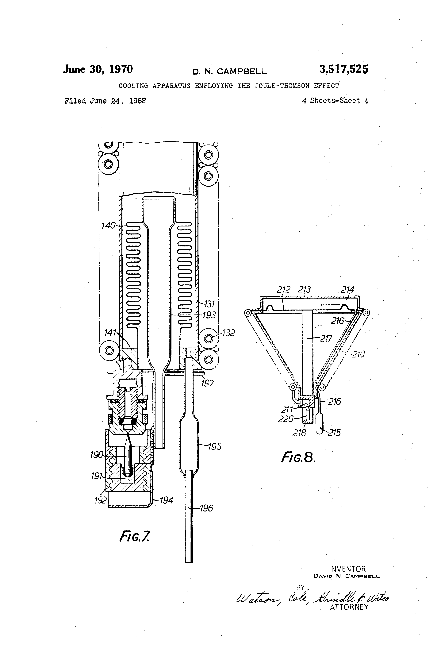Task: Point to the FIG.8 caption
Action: (x=298, y=457)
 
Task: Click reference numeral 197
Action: (x=207, y=383)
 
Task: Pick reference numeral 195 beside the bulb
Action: (x=215, y=446)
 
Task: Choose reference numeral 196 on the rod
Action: (x=206, y=508)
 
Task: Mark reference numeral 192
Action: (x=100, y=500)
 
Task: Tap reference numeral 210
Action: (x=358, y=354)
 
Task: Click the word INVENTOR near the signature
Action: (x=347, y=569)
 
